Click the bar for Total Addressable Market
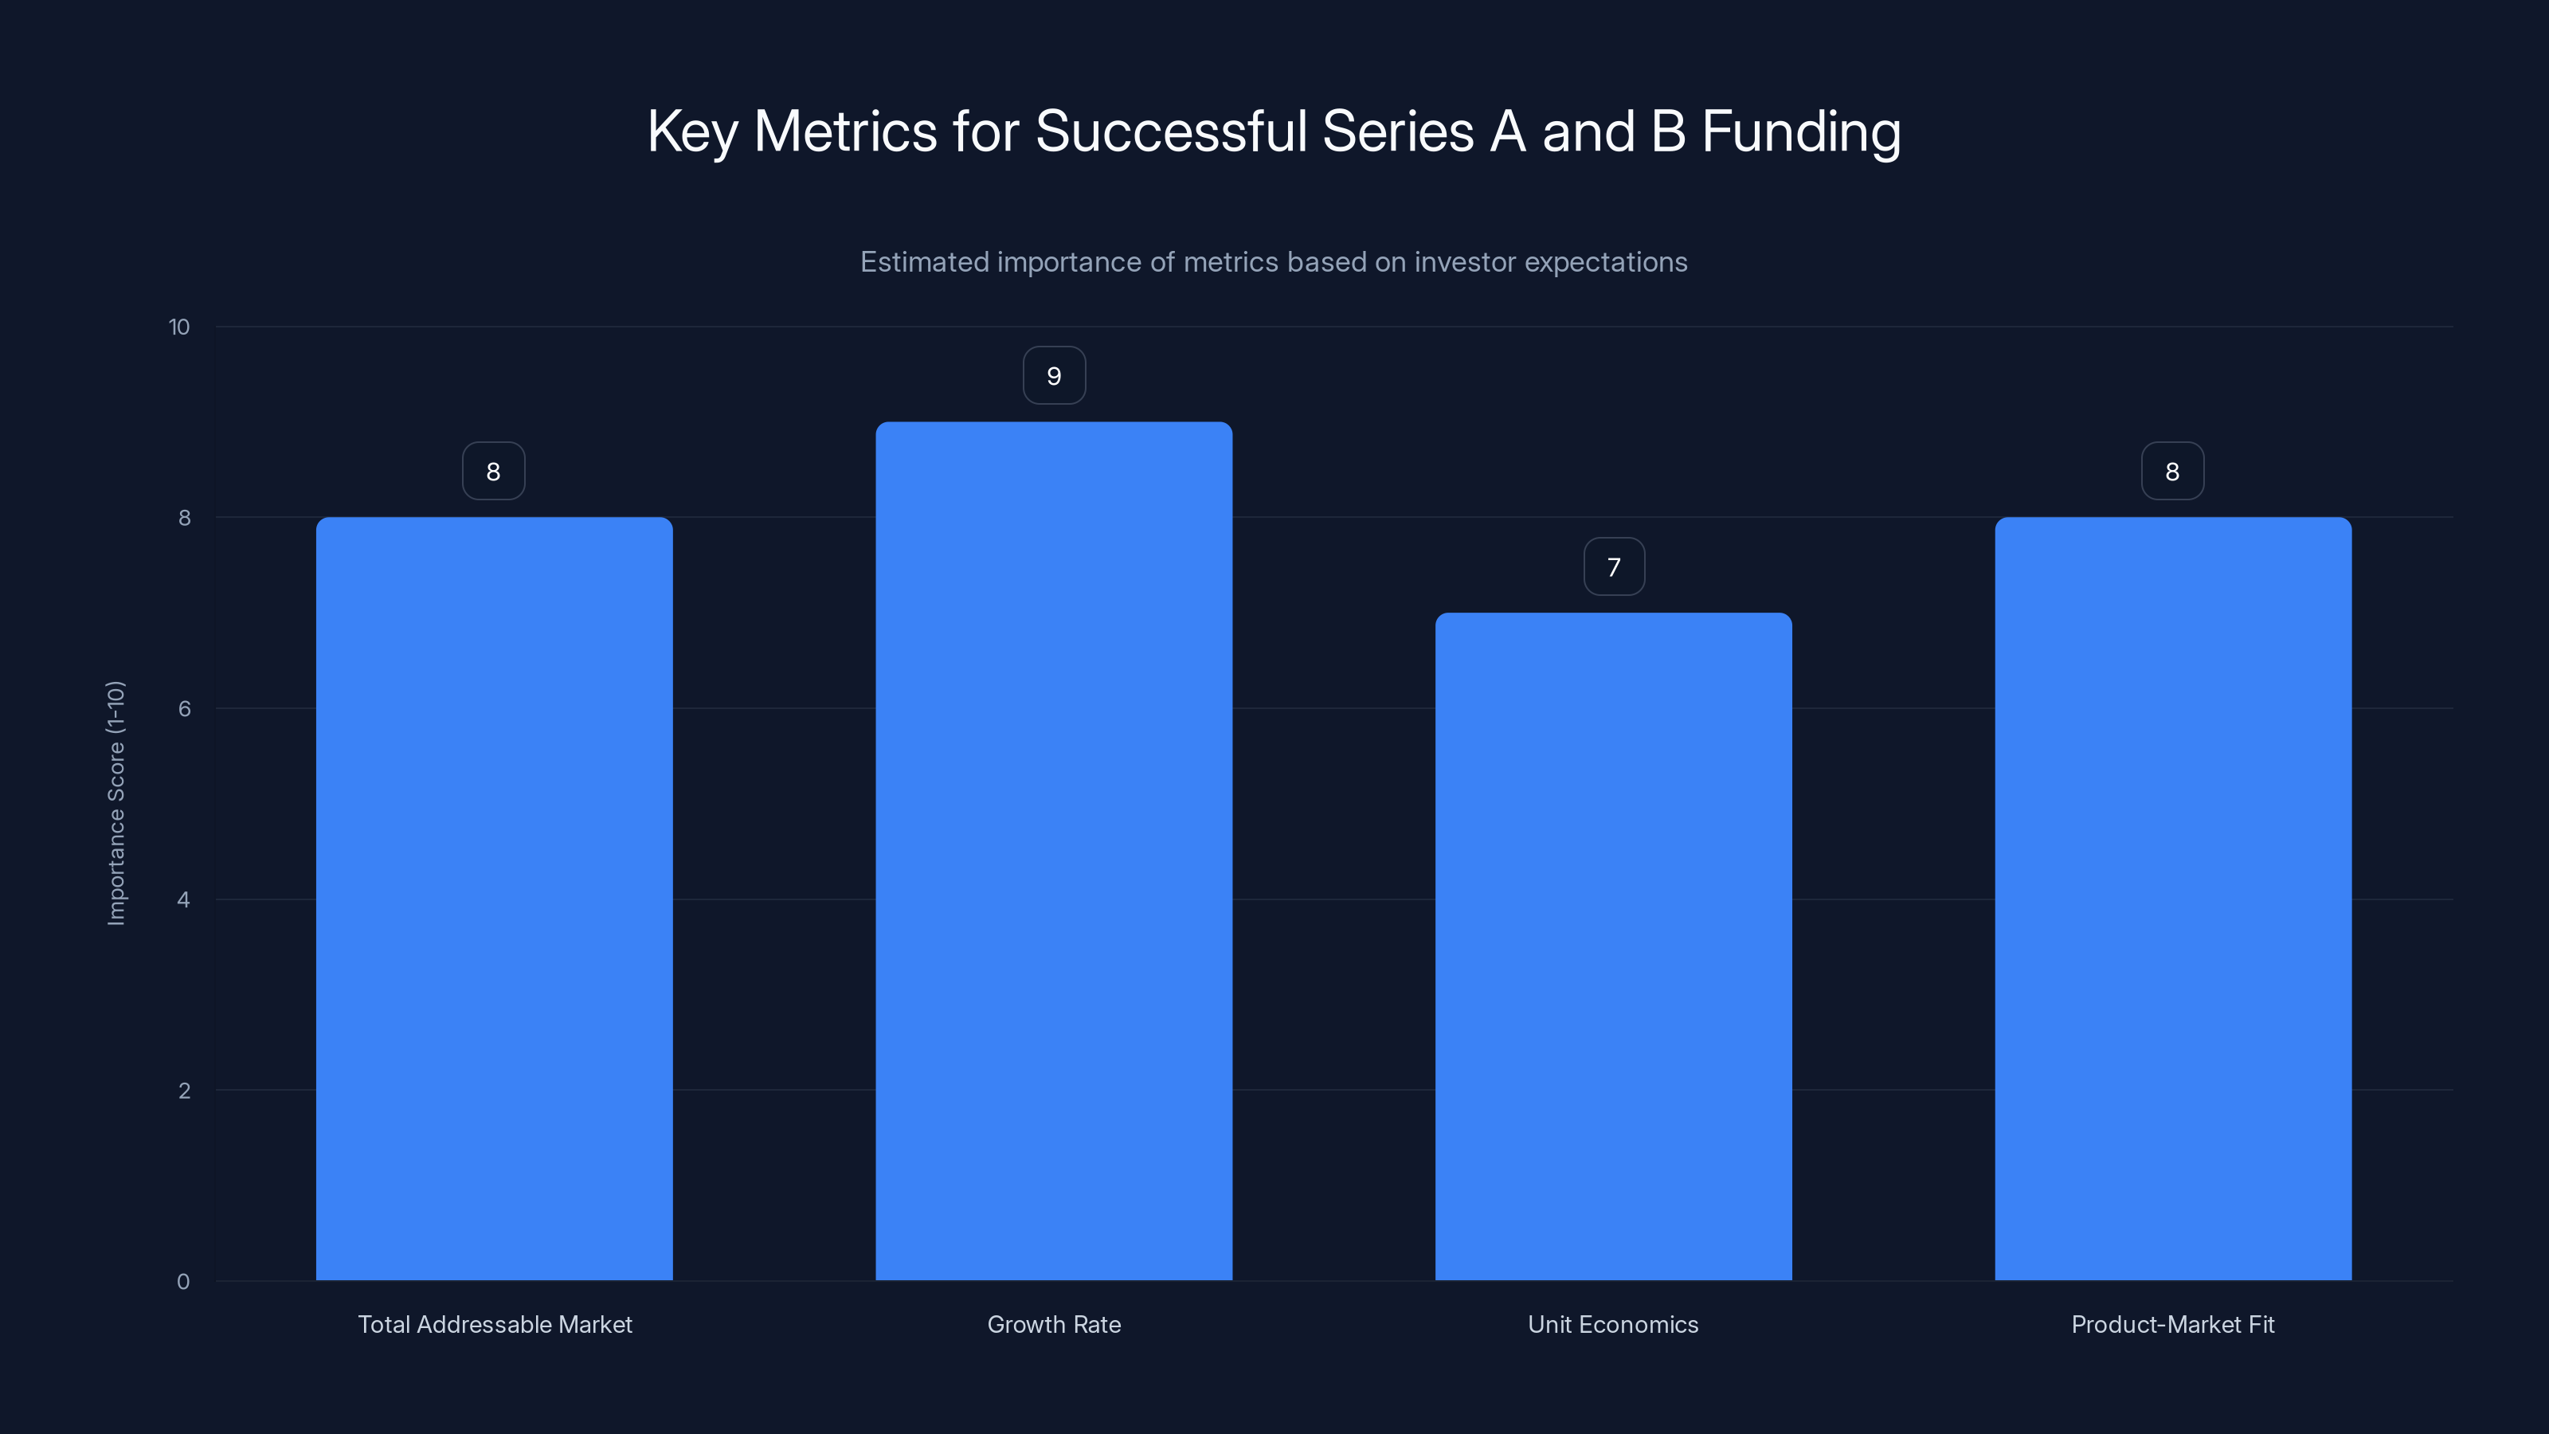pyautogui.click(x=494, y=899)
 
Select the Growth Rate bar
pyautogui.click(x=1054, y=851)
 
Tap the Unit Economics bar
pyautogui.click(x=1613, y=946)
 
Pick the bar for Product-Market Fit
pyautogui.click(x=2172, y=899)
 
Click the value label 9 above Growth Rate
pyautogui.click(x=1054, y=376)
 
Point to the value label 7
pyautogui.click(x=1614, y=567)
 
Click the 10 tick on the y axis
pyautogui.click(x=179, y=327)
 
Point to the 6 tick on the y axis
pyautogui.click(x=184, y=708)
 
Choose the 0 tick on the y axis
pyautogui.click(x=183, y=1282)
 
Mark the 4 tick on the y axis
pyautogui.click(x=183, y=899)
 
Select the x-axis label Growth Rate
pyautogui.click(x=1054, y=1324)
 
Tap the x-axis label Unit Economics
pyautogui.click(x=1613, y=1324)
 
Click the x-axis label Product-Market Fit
pyautogui.click(x=2172, y=1324)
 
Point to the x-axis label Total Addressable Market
pyautogui.click(x=495, y=1324)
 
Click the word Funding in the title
pyautogui.click(x=1800, y=131)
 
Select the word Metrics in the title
pyautogui.click(x=845, y=131)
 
